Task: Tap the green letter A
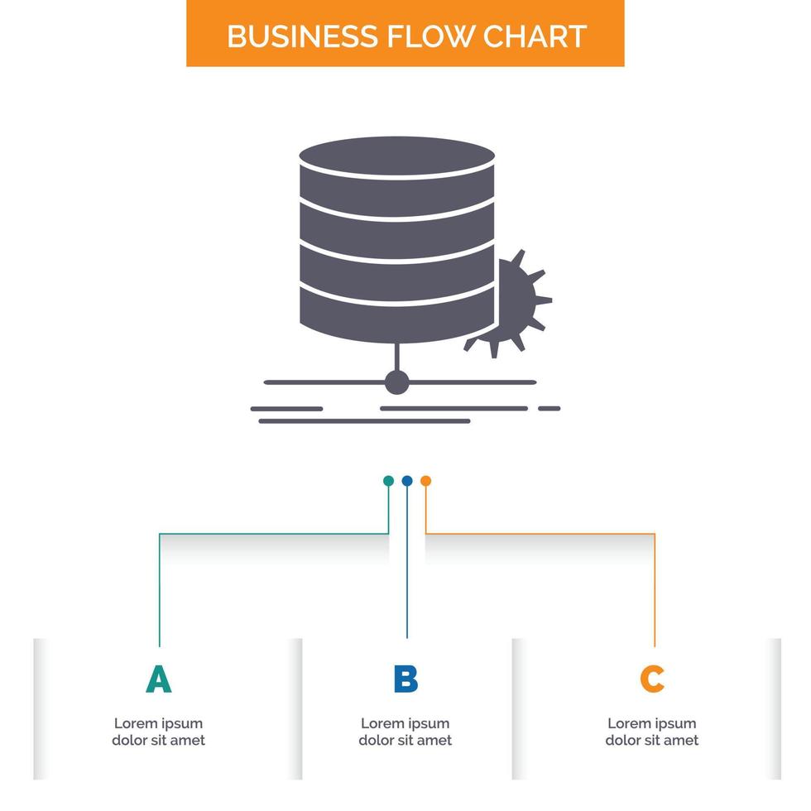tap(158, 679)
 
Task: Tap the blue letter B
tap(405, 679)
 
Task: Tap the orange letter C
tap(652, 679)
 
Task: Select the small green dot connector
tap(388, 481)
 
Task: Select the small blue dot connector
tap(406, 481)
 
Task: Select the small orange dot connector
tap(425, 481)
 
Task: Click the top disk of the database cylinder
tap(397, 156)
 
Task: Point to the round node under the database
tap(397, 382)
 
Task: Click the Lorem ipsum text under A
tap(158, 732)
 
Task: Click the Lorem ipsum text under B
tap(405, 732)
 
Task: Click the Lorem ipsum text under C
tap(652, 732)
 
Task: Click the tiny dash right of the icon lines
tap(549, 408)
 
